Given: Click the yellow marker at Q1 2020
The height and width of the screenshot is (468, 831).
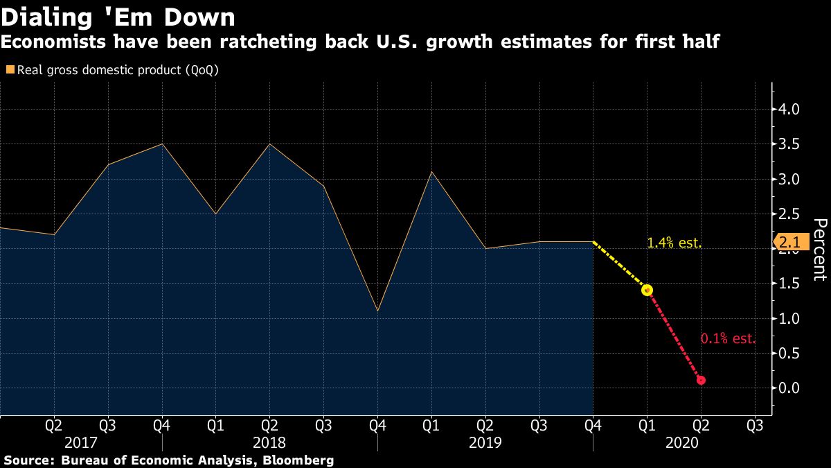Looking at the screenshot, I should (647, 290).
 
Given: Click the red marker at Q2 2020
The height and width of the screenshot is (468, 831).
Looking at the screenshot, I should (701, 380).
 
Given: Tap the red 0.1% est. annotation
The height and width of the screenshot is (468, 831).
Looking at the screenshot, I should (728, 339).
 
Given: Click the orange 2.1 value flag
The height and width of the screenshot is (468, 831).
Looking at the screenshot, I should (788, 243).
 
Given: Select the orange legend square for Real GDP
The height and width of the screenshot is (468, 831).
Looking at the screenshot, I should (9, 70).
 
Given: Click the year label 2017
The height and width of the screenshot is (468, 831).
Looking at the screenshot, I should (82, 442).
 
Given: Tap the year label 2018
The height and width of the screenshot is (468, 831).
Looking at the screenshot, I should (269, 442).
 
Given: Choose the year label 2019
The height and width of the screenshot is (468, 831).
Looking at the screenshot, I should (485, 442).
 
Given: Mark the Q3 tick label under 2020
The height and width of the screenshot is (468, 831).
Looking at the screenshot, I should (755, 424).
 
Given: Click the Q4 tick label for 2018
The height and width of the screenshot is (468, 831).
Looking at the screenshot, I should (377, 424).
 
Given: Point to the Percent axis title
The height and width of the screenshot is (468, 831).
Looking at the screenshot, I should (820, 249).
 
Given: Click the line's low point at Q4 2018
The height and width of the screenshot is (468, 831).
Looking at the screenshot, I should (377, 311).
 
